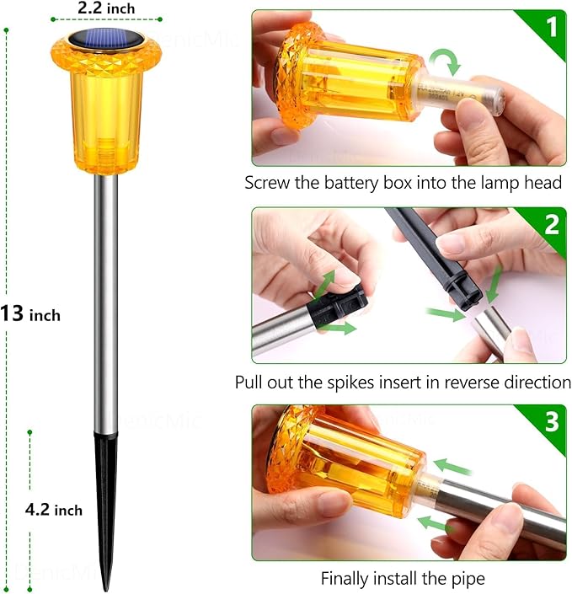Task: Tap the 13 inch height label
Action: pos(31,314)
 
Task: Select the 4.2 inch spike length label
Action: pos(53,509)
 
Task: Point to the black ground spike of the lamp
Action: pos(106,506)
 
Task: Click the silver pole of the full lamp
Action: pos(106,295)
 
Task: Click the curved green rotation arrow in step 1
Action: pos(443,62)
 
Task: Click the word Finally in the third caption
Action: pos(345,579)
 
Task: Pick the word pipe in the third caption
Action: pos(468,579)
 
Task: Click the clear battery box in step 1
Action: pos(462,94)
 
